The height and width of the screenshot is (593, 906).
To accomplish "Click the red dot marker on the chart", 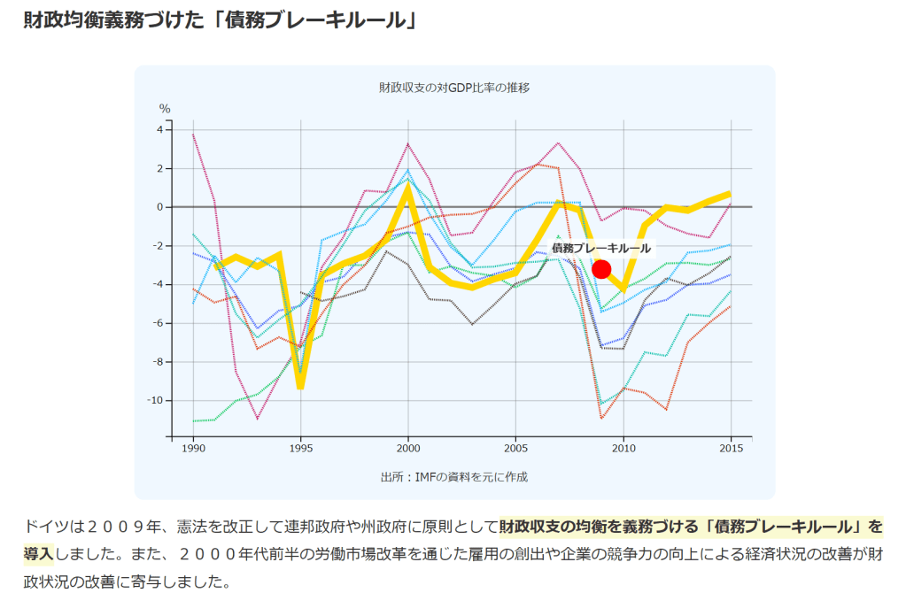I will point(601,269).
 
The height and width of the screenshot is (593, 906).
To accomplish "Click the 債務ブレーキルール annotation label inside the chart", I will point(600,249).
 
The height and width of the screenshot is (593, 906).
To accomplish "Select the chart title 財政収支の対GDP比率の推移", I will point(454,88).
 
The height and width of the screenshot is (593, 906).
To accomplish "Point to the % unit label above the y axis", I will point(165,109).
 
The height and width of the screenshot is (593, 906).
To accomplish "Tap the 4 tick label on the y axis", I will point(160,130).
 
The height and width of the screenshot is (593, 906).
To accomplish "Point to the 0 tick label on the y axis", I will point(160,207).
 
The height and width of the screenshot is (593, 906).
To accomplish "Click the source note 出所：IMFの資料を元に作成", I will point(454,477).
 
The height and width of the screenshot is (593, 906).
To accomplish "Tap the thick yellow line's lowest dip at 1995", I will point(301,386).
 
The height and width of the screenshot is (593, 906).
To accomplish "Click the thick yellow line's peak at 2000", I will point(408,187).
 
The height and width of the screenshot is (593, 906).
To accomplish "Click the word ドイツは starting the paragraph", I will point(53,528).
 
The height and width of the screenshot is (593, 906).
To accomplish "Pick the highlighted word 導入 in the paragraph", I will point(38,554).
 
